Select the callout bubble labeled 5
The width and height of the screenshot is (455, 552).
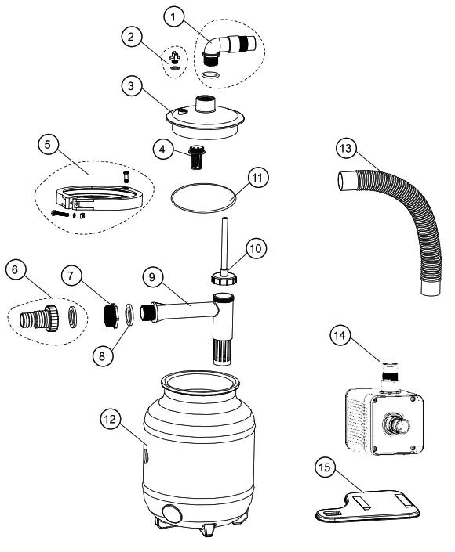coord(49,146)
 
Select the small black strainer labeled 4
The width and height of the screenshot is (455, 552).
coord(194,159)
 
